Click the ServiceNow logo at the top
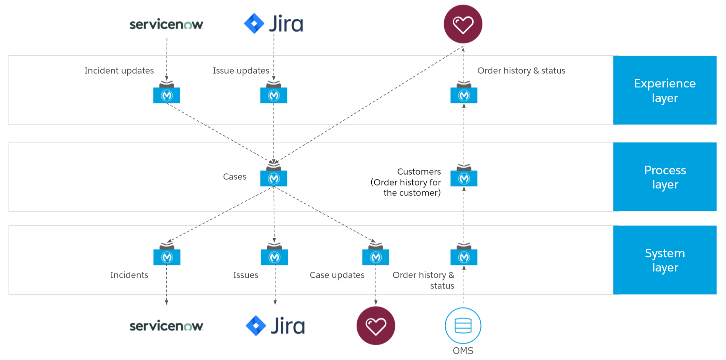point(166,25)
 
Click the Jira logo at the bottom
point(275,326)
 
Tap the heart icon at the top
point(463,24)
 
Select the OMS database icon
point(463,326)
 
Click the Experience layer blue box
point(665,90)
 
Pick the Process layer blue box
point(665,177)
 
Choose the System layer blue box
point(665,260)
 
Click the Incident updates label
point(119,71)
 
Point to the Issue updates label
point(241,71)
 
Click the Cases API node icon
point(274,178)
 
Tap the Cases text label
point(234,177)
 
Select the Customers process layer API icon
point(464,178)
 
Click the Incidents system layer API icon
point(167,257)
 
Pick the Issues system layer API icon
point(274,257)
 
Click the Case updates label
point(337,275)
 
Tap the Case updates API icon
point(375,257)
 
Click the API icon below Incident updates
point(167,95)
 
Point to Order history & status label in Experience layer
point(521,71)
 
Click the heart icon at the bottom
point(375,326)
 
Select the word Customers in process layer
point(419,172)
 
